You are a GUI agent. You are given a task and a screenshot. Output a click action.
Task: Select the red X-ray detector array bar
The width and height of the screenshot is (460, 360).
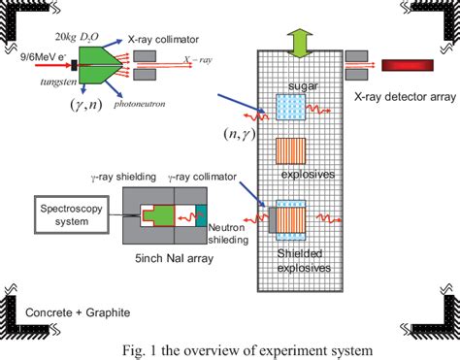coord(408,66)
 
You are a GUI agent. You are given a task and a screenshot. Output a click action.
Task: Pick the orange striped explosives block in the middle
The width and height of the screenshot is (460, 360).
coord(291,155)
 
